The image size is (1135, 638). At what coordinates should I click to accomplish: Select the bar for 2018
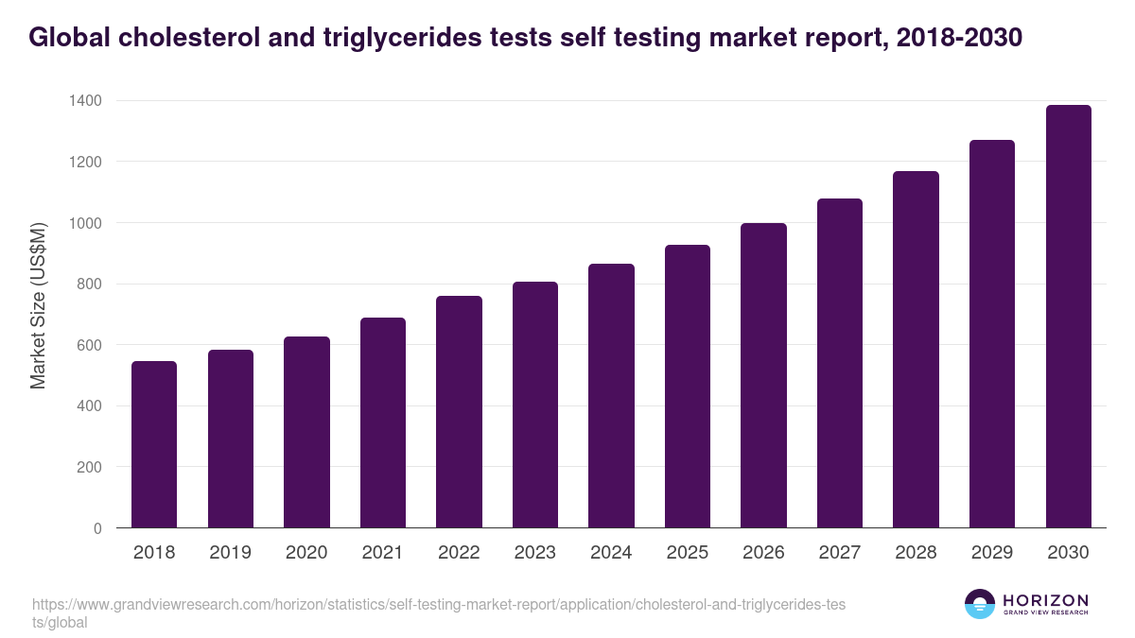154,444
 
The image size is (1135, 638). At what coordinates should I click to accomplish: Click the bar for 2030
1068,317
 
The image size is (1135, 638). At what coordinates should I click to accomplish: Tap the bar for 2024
611,396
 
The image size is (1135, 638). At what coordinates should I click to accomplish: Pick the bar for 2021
383,422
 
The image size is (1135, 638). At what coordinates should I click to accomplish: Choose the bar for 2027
840,363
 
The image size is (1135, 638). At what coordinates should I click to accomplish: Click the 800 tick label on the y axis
90,284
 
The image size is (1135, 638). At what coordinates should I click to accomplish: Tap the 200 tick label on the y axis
90,467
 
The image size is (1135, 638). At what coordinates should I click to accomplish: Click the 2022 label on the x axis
459,553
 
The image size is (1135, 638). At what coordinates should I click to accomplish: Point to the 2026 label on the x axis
763,553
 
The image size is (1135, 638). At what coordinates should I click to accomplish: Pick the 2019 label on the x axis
231,553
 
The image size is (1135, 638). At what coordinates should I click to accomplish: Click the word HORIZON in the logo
1045,600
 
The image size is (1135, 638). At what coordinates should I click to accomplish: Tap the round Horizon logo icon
980,604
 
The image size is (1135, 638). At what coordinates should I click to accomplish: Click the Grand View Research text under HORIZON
1045,613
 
